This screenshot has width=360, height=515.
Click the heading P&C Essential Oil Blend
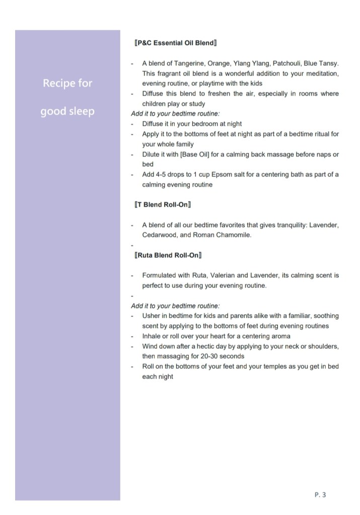pos(176,43)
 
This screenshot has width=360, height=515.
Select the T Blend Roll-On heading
pos(162,205)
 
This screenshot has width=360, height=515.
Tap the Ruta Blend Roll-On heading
pos(168,255)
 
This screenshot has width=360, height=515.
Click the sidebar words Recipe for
pos(67,83)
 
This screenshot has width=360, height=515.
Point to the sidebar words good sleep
pos(67,111)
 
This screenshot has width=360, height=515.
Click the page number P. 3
pos(320,495)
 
